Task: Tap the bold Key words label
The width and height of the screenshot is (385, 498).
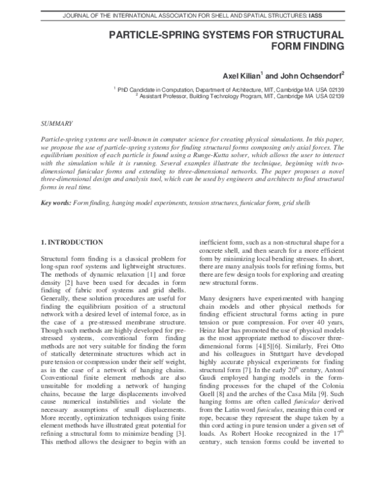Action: [55, 203]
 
